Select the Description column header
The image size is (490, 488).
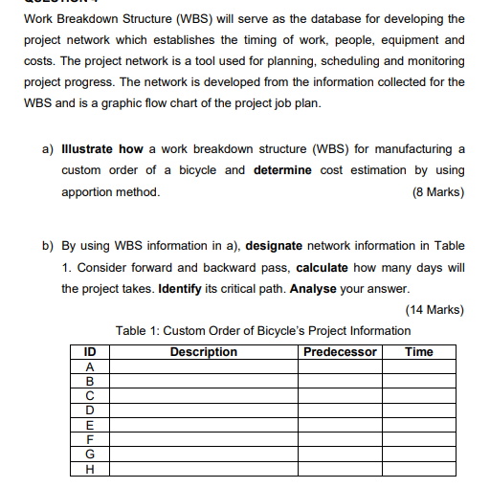pos(203,352)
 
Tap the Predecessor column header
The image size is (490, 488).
pos(340,352)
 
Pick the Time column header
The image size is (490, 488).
pos(419,352)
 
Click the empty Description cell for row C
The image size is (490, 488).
pos(203,395)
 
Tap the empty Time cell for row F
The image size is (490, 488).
pos(419,439)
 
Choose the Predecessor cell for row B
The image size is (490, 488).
pos(340,381)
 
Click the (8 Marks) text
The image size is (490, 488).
pos(437,191)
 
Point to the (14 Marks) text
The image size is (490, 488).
pos(434,309)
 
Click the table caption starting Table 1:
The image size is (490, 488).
pos(262,331)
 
